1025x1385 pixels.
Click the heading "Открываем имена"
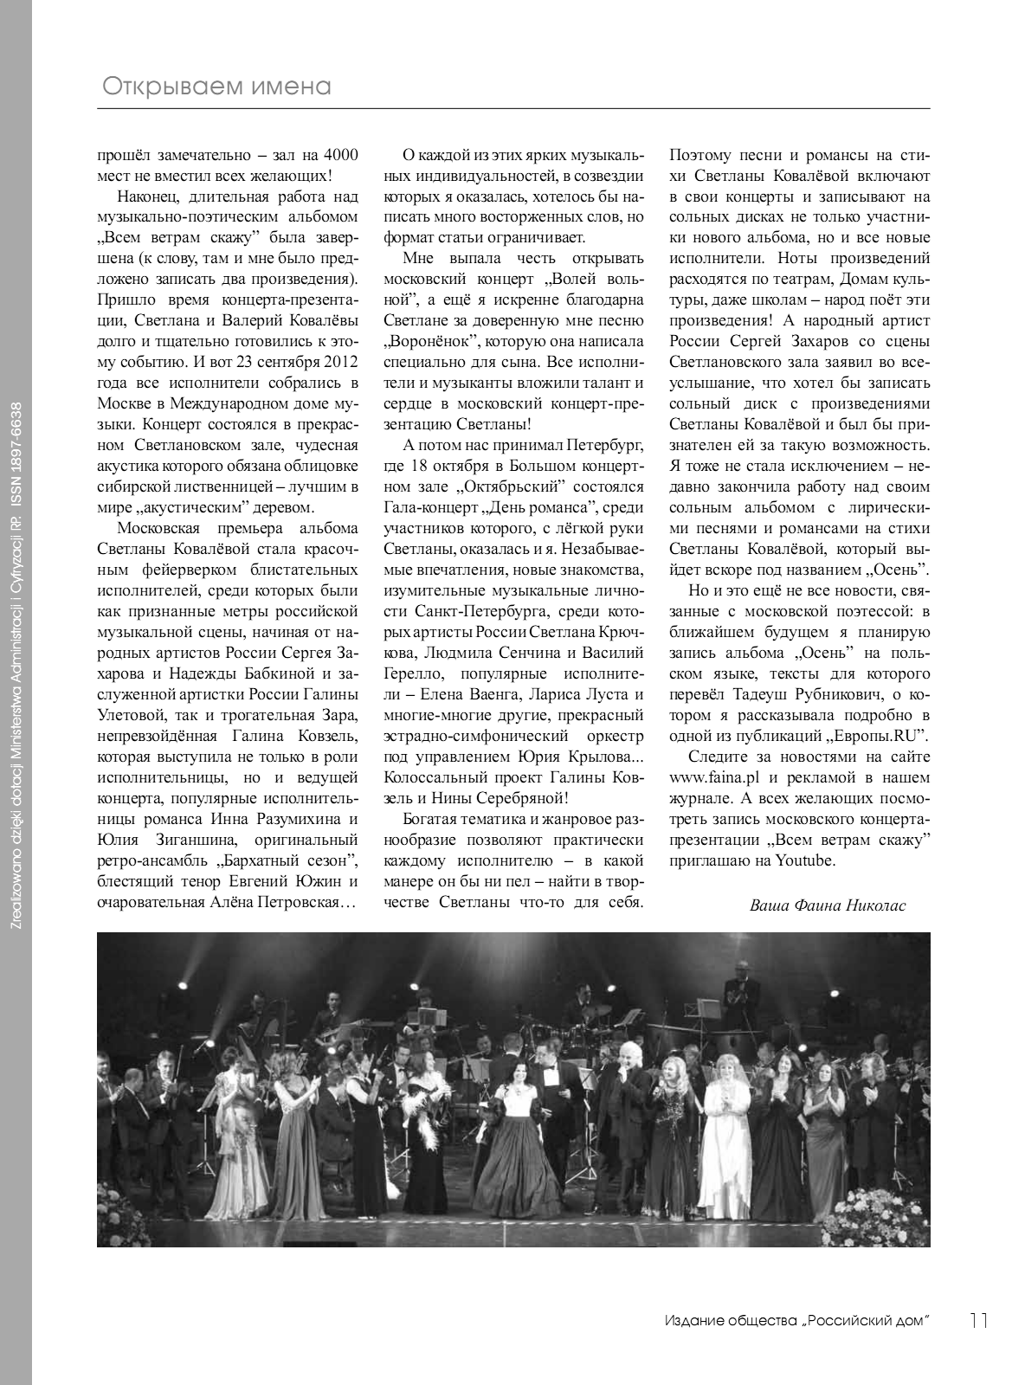pos(217,87)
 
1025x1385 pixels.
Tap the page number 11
pos(979,1320)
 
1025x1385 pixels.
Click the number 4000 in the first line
pos(338,156)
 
